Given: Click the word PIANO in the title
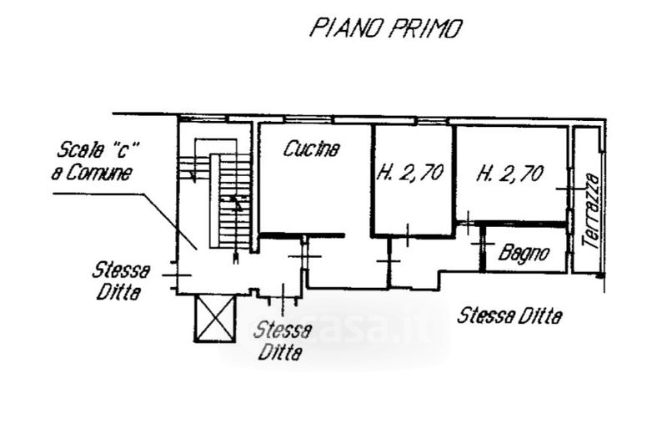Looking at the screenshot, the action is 344,28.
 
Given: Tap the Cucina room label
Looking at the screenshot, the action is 311,150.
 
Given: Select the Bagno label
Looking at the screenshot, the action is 524,253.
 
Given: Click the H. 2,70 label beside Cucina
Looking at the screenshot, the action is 411,174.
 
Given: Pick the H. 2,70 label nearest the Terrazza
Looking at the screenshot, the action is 510,174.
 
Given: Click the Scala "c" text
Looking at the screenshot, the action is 97,152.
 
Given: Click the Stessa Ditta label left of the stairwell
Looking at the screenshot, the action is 121,281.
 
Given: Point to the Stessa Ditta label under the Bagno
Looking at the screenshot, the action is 509,315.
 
